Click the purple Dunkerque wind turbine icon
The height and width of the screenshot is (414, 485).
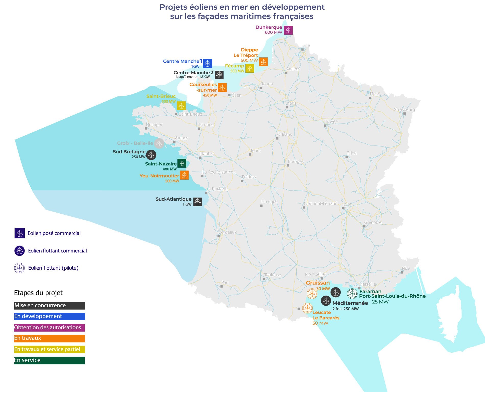(288, 30)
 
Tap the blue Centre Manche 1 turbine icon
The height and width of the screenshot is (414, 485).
(208, 63)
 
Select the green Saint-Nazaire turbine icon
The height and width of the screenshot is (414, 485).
(182, 163)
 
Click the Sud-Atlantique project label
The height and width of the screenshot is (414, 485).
(174, 199)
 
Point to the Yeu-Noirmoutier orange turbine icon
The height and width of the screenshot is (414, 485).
(184, 175)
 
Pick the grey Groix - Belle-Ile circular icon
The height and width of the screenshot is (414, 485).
(159, 143)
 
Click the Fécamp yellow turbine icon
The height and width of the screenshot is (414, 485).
(250, 68)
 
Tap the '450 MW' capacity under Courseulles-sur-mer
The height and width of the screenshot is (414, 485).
(210, 95)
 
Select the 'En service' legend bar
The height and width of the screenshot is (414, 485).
(49, 360)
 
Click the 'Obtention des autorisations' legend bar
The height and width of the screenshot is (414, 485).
(49, 327)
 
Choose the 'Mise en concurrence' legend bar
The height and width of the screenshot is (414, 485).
(49, 306)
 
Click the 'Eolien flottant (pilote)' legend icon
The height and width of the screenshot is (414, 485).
(19, 268)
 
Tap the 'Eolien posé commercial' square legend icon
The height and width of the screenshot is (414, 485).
(20, 233)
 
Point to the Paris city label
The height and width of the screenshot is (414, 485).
(292, 103)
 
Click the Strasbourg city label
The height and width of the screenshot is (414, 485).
(404, 109)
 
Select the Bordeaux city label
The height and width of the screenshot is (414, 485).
(227, 232)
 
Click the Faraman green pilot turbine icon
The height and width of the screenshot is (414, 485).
(352, 294)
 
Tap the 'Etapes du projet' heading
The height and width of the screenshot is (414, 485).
(38, 293)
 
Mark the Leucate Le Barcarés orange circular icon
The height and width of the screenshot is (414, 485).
(307, 308)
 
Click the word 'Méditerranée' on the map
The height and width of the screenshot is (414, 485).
(350, 303)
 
